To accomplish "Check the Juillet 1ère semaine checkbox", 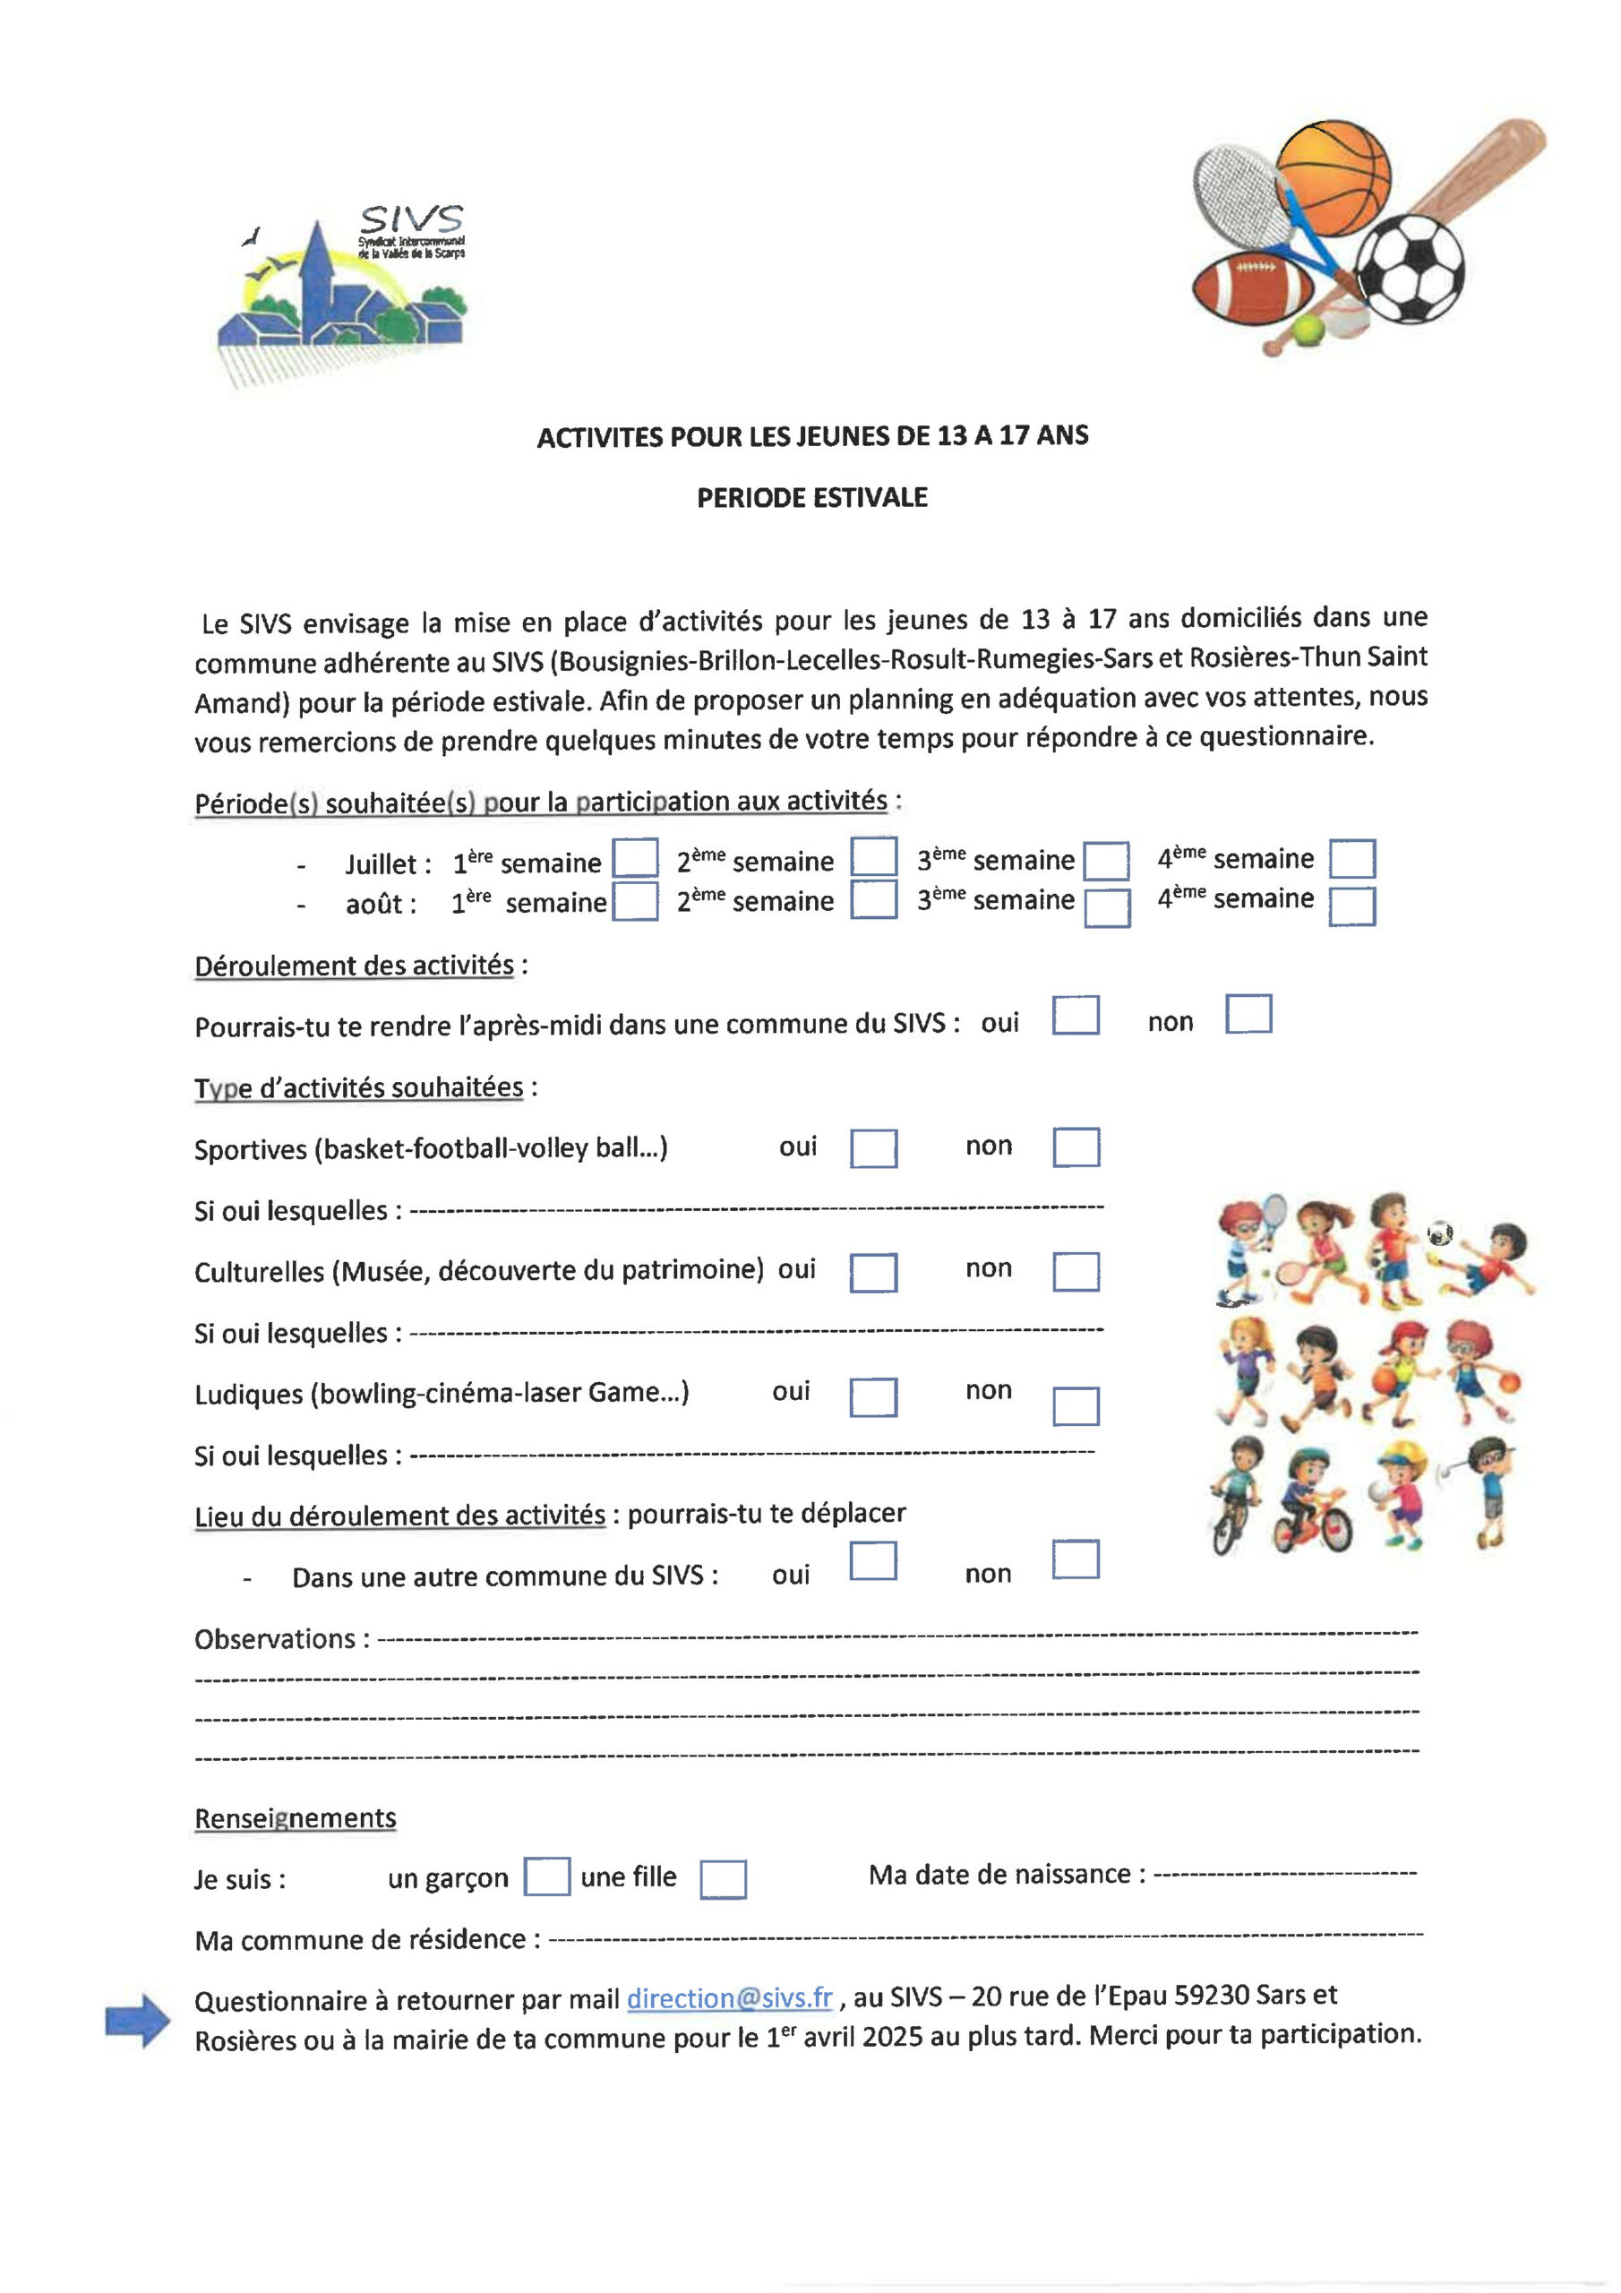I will point(634,858).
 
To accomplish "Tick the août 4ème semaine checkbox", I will point(1351,906).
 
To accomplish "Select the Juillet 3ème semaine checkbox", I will point(1107,861).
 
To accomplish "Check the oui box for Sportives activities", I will point(873,1148).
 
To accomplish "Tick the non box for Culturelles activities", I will point(1076,1271).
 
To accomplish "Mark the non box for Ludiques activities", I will point(1076,1406).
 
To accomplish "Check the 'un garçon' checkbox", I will point(546,1876).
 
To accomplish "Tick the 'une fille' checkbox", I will point(722,1878).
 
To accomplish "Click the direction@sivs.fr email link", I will point(729,1997).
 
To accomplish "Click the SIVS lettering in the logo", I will point(411,219).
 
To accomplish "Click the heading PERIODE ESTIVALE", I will point(812,497).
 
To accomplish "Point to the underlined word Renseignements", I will point(296,1817).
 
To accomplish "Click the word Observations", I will point(275,1639).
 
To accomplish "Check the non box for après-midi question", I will point(1248,1014).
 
